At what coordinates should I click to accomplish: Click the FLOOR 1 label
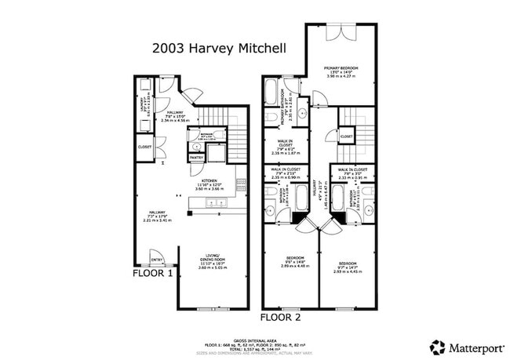pyautogui.click(x=152, y=274)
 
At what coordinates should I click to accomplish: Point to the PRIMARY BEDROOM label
pyautogui.click(x=341, y=69)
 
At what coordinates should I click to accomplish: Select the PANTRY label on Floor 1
pyautogui.click(x=196, y=158)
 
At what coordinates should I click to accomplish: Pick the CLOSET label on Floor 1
pyautogui.click(x=144, y=146)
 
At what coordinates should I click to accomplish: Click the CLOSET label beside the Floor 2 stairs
pyautogui.click(x=346, y=136)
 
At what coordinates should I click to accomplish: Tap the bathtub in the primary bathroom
pyautogui.click(x=271, y=93)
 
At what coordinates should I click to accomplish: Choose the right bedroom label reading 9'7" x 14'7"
pyautogui.click(x=348, y=266)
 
